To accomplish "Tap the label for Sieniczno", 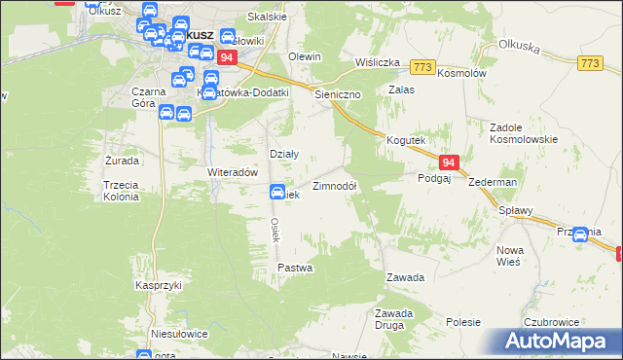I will coord(338,95).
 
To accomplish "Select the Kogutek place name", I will coord(406,141).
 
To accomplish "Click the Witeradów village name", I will coord(232,172).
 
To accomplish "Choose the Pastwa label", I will coord(294,267).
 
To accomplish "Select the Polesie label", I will coord(464,321).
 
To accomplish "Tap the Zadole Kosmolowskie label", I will coord(523,133).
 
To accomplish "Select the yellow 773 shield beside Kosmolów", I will coord(422,66).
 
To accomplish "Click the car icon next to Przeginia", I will coord(581,234).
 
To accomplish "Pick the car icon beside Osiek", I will coord(277,193).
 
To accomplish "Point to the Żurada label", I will coord(122,160).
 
